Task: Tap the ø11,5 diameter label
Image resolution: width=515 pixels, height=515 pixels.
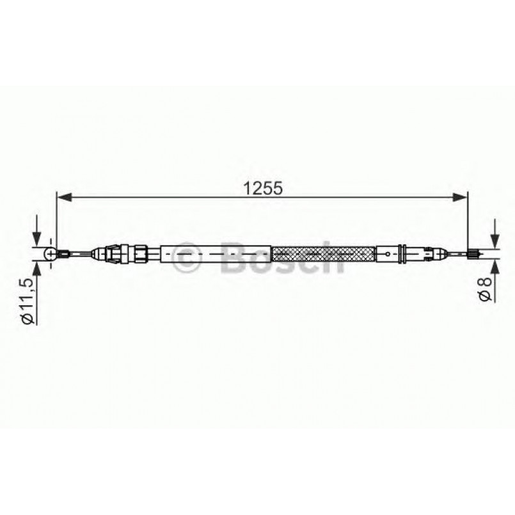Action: point(27,301)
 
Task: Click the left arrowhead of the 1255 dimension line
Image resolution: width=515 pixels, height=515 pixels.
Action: point(64,198)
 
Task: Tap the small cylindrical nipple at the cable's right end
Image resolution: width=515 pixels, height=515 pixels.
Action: point(473,255)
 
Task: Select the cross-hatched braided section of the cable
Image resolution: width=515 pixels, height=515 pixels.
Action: point(324,255)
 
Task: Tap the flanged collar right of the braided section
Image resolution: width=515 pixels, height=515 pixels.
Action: point(399,255)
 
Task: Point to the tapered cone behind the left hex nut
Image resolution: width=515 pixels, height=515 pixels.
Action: point(99,254)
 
